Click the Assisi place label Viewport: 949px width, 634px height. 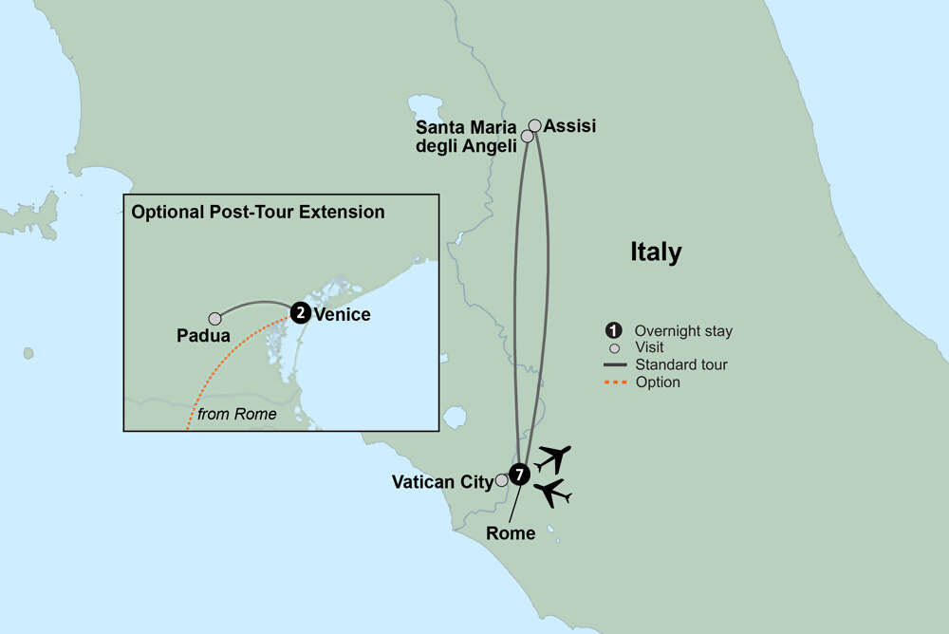[570, 125]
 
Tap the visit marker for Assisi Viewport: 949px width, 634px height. [535, 125]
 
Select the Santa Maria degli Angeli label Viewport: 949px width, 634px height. [467, 136]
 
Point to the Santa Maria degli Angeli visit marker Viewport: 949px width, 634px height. [528, 137]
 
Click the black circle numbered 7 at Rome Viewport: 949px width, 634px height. [518, 475]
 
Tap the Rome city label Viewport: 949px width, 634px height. [511, 533]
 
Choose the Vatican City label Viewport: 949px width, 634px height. [442, 482]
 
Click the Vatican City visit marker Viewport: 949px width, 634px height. [501, 481]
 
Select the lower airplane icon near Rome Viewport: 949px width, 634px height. [552, 494]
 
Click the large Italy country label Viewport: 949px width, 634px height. [656, 252]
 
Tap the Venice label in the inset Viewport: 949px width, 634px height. [342, 314]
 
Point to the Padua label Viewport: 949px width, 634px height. [203, 336]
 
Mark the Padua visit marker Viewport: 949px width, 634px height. [214, 319]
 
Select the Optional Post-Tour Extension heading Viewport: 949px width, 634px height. [258, 212]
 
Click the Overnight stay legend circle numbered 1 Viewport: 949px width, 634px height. [613, 330]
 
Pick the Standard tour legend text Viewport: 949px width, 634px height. [676, 365]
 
